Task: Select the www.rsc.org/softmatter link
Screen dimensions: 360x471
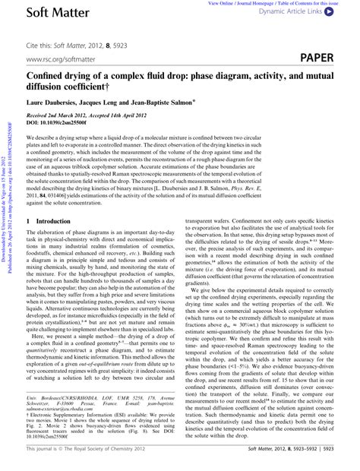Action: [x=59, y=59]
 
